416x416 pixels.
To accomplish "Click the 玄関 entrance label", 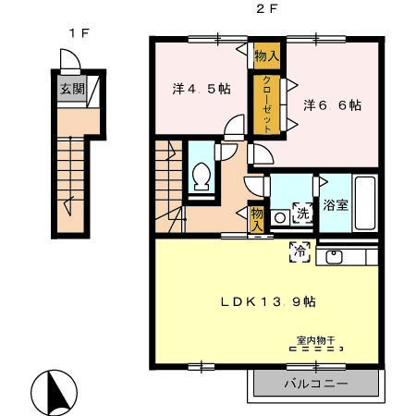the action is click(x=72, y=89).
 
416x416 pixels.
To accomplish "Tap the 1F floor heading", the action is click(x=80, y=32).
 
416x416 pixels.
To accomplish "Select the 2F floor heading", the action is click(x=267, y=9).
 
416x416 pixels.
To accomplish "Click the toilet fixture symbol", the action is click(x=202, y=176).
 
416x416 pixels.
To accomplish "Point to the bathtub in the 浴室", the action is click(x=365, y=202).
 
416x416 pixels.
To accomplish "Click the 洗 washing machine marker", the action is click(x=303, y=213).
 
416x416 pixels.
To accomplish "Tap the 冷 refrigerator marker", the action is click(x=300, y=251).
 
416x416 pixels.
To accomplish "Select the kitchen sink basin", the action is click(x=334, y=257).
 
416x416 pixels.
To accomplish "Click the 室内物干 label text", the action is click(x=315, y=340).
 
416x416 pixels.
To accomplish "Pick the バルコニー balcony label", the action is click(x=316, y=384).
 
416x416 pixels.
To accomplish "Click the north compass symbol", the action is click(x=54, y=392).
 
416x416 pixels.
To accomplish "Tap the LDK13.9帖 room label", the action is click(x=268, y=301).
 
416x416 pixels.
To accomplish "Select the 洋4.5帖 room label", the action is click(x=202, y=89).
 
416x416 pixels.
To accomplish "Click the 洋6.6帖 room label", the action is click(x=332, y=105).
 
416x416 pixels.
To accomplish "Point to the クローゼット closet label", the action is click(x=267, y=104).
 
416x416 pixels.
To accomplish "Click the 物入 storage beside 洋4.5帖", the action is click(x=267, y=55).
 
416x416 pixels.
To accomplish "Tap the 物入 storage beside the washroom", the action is click(x=256, y=219).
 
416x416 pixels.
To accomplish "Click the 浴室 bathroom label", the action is click(x=336, y=204).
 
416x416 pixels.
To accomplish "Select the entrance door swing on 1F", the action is click(x=70, y=60).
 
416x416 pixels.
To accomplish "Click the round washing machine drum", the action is click(x=280, y=218).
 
